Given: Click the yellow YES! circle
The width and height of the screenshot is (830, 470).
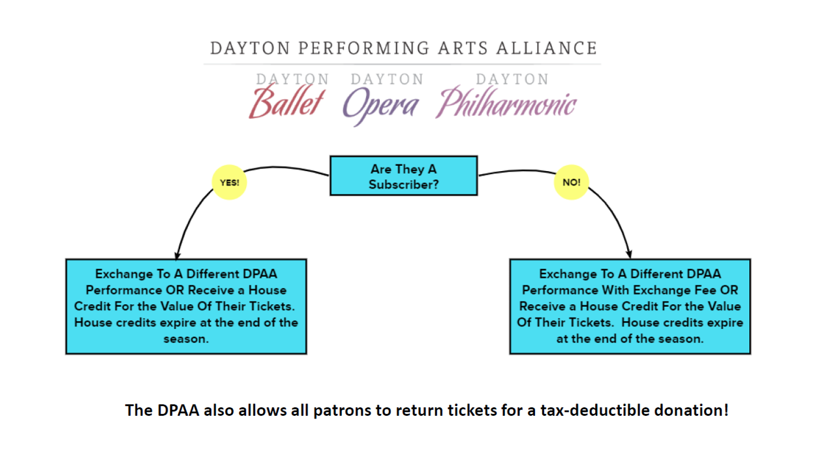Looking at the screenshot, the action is [x=230, y=182].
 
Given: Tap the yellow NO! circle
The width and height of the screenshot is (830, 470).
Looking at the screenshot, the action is [x=572, y=182].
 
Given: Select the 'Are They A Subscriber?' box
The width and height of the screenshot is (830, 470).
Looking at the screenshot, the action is [x=403, y=176].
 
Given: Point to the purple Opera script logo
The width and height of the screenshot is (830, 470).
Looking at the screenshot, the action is [x=381, y=106].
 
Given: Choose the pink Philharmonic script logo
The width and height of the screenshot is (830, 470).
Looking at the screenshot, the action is [x=506, y=102].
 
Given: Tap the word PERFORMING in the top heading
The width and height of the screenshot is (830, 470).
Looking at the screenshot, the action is [x=364, y=48].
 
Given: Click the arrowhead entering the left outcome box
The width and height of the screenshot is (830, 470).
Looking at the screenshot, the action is [x=177, y=255].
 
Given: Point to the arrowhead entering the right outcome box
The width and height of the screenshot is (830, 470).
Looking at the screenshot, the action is [x=629, y=255].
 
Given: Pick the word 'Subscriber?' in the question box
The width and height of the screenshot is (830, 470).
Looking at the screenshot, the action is [x=403, y=185].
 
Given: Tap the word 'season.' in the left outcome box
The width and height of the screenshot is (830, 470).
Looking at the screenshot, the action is [x=186, y=339].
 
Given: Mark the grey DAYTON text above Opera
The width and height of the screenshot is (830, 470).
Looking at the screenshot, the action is [x=387, y=79].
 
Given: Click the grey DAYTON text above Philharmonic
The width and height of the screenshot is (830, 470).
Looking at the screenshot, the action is [x=512, y=79].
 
